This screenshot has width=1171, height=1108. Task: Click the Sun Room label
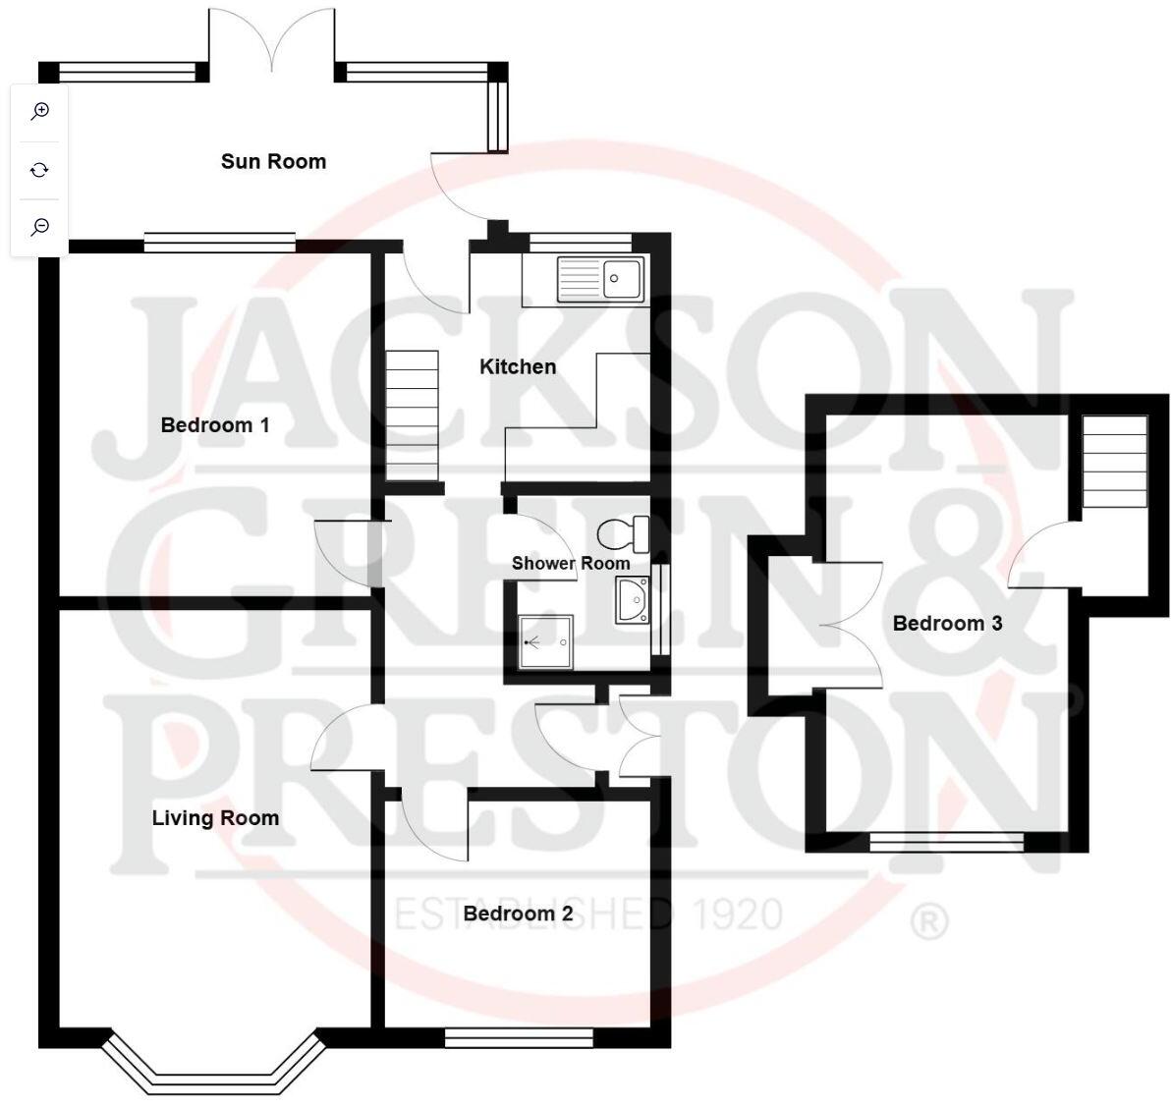pos(273,162)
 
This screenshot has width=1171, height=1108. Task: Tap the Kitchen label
pos(518,367)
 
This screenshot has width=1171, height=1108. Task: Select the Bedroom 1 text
pos(215,425)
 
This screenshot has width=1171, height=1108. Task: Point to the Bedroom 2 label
pos(518,914)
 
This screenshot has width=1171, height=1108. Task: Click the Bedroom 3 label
pos(947,623)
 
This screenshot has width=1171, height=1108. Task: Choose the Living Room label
pos(215,818)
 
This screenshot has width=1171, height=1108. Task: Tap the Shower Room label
pos(571,564)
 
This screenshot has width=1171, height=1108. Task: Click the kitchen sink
pos(599,279)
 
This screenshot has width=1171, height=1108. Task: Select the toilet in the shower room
pos(624,533)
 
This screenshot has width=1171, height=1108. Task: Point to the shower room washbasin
pos(631,600)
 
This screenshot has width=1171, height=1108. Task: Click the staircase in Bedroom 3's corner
pos(1114,462)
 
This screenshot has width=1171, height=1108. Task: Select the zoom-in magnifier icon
pos(40,111)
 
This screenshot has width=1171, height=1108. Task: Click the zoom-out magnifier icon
pos(40,227)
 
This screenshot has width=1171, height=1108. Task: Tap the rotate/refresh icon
pos(40,170)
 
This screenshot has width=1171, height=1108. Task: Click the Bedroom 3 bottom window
pos(946,841)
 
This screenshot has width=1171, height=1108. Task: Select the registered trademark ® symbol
pos(929,921)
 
